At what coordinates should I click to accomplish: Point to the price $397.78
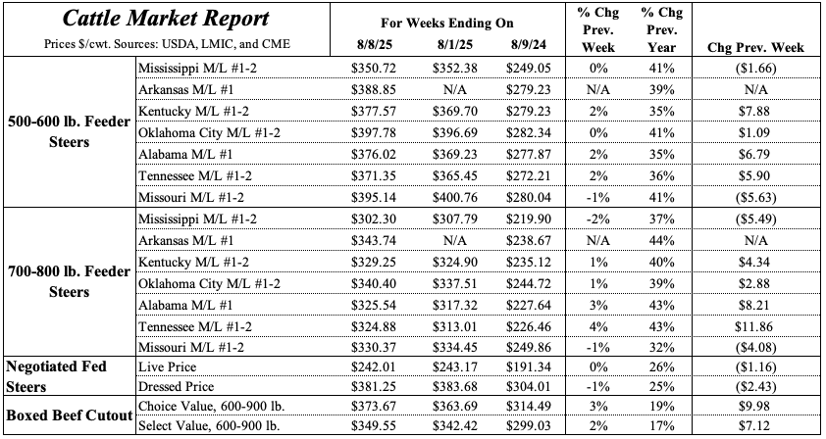373,129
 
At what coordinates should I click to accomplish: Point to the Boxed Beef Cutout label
69,416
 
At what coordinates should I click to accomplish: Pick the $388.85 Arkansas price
373,88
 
